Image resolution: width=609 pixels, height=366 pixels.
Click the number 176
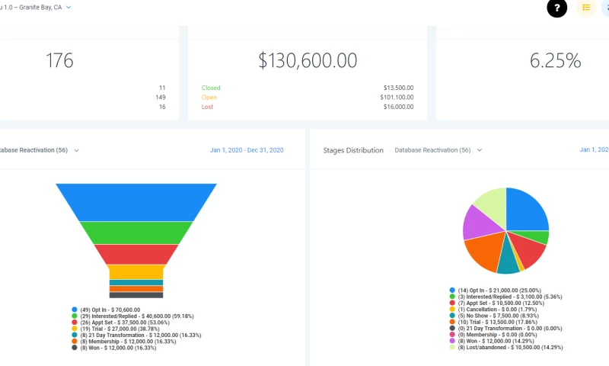pos(59,61)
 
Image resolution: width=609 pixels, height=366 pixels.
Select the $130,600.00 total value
pos(308,61)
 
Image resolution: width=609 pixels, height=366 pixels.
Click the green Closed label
pos(211,88)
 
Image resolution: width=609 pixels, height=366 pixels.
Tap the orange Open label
pos(209,98)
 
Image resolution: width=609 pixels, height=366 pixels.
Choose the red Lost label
pos(208,107)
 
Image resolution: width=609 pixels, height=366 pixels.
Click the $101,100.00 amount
pos(397,98)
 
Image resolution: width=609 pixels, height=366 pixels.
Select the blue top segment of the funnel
pos(136,201)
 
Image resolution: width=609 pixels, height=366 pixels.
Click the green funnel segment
pos(136,232)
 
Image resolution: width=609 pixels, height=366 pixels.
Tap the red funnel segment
pos(136,254)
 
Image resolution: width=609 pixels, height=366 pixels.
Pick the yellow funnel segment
pos(136,271)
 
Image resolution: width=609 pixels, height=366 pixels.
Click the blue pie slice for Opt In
pos(527,210)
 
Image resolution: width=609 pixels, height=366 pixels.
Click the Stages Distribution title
pos(353,150)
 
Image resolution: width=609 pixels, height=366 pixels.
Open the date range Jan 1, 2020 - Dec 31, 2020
pos(247,150)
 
